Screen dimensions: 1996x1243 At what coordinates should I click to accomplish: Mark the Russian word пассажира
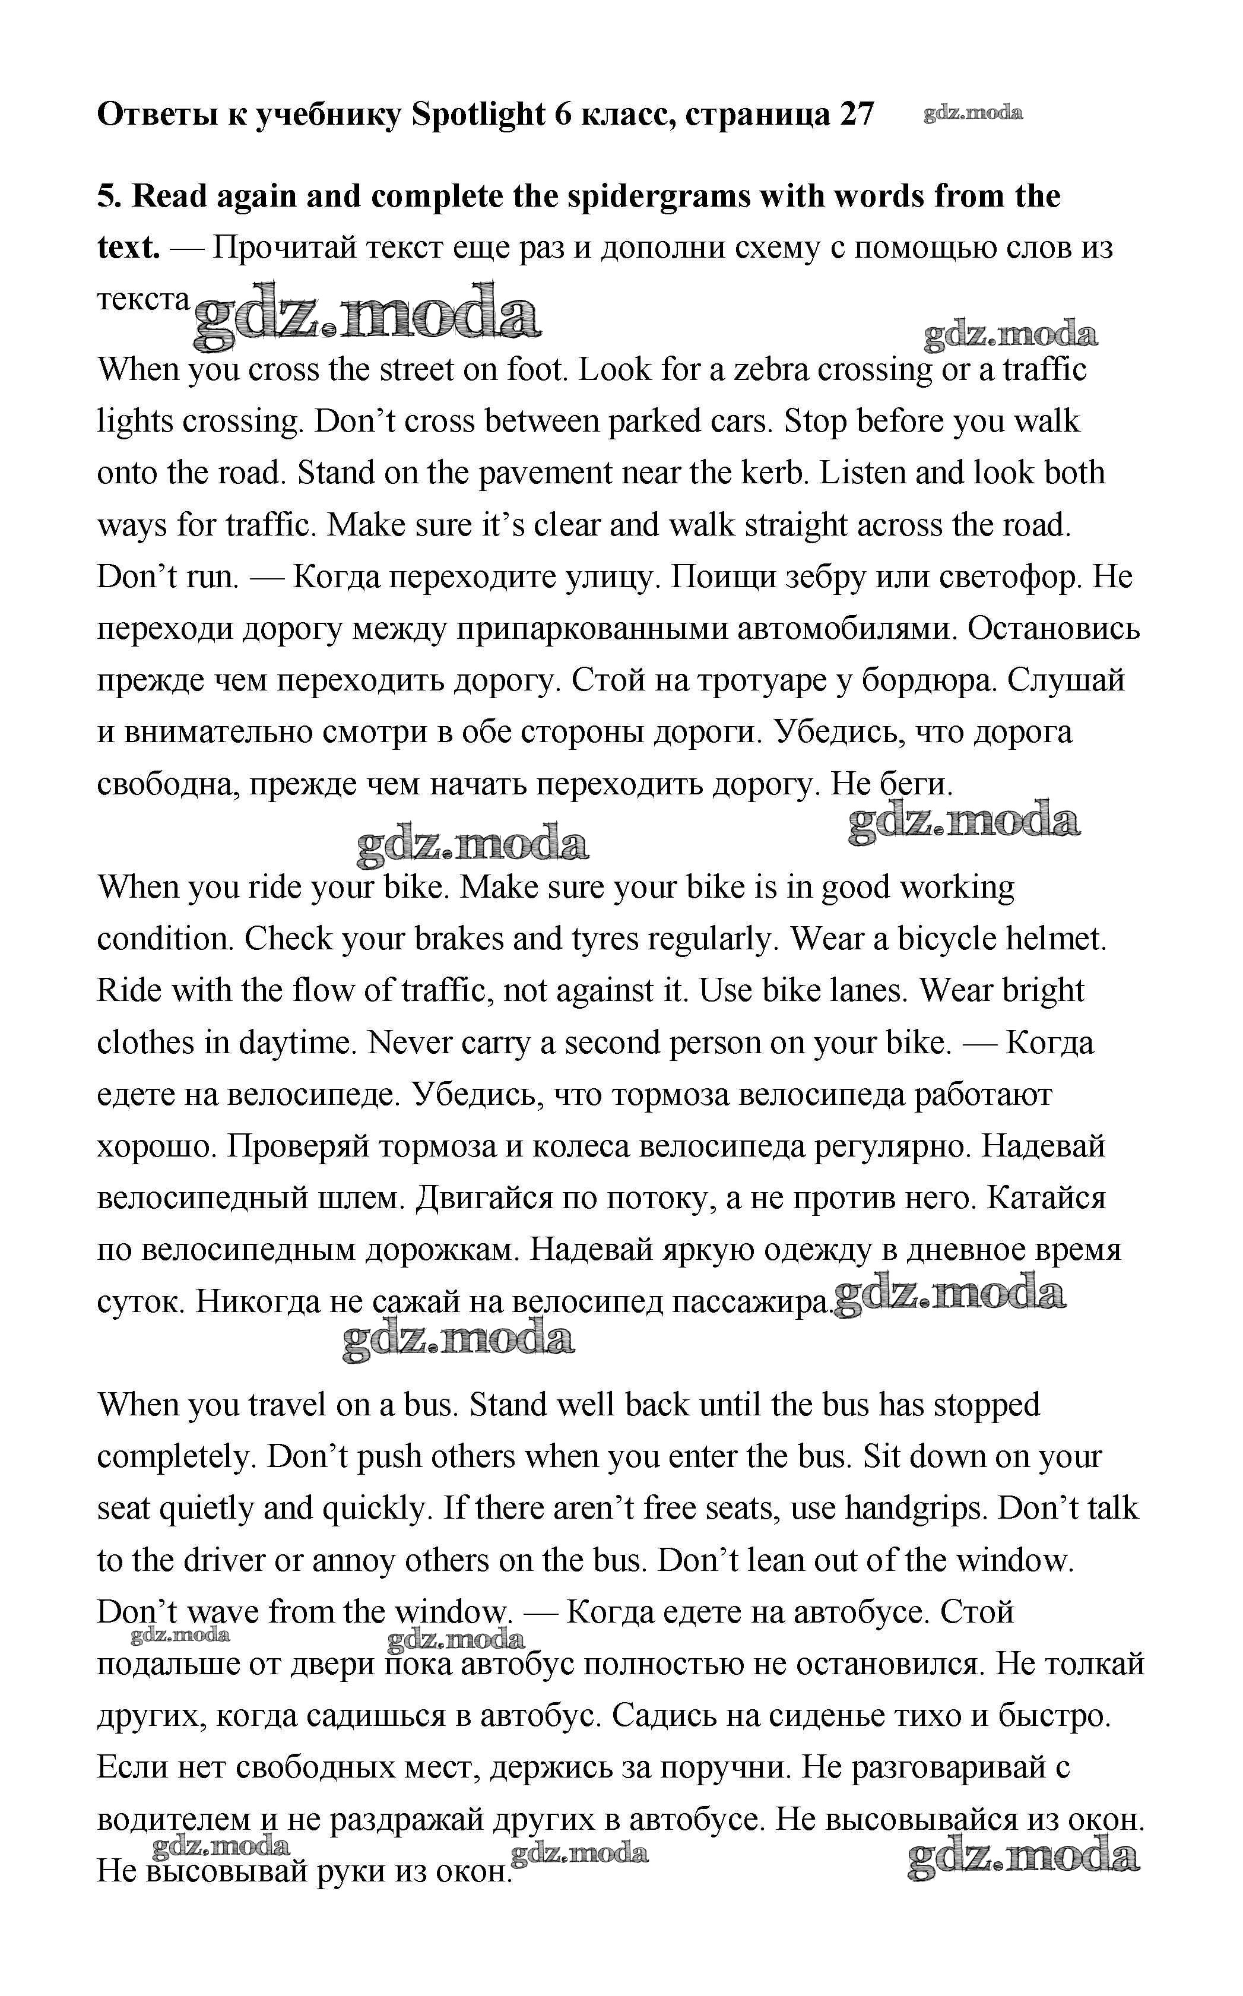coord(752,1301)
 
